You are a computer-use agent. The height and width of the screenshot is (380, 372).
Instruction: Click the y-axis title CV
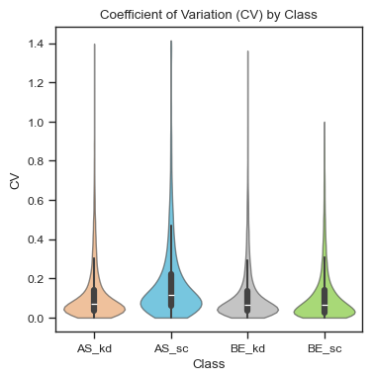[x=14, y=182]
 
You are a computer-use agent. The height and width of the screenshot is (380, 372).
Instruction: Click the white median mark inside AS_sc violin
[x=170, y=295]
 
